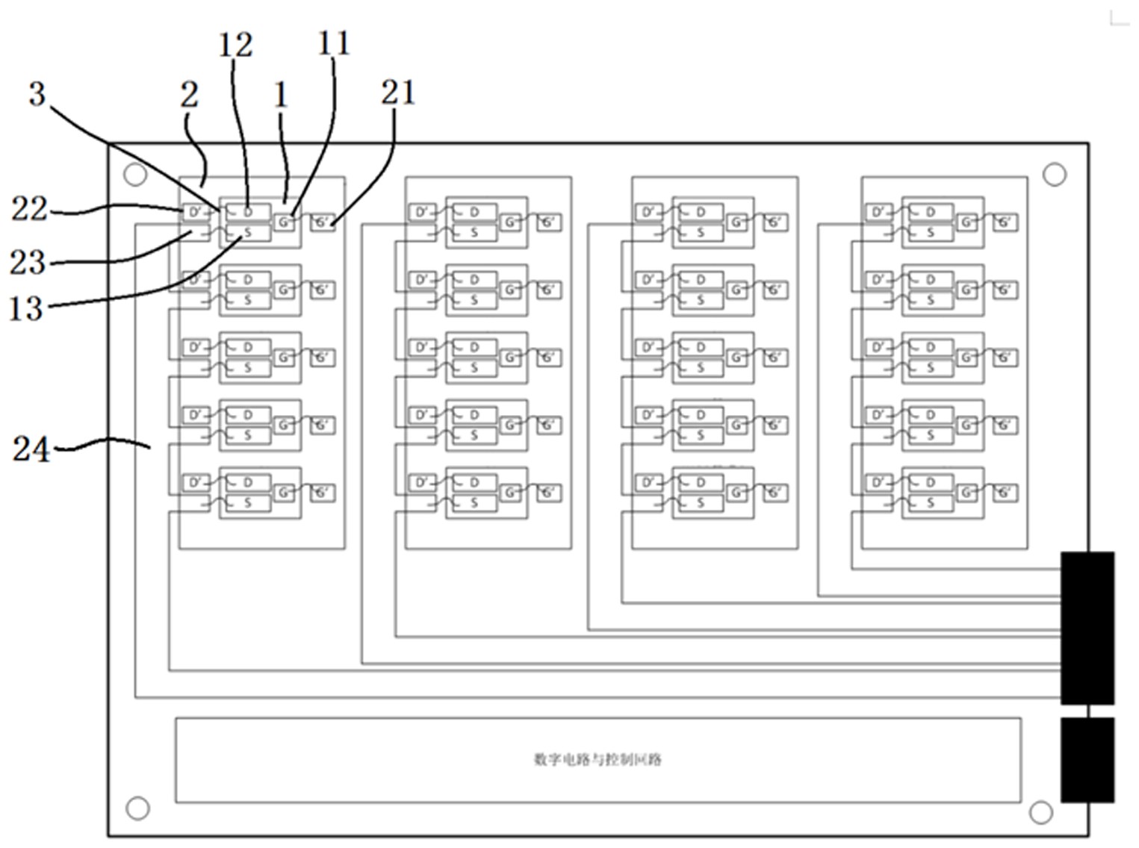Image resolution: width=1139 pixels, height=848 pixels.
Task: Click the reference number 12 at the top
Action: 235,46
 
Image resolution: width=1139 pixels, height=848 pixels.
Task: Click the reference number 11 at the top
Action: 333,43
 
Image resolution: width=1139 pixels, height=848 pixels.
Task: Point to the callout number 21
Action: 397,93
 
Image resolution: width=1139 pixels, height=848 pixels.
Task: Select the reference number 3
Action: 37,95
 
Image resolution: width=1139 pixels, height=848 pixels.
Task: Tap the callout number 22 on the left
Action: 29,209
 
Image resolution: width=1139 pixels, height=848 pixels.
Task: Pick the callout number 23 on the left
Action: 28,263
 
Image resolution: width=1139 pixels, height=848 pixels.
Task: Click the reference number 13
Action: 26,308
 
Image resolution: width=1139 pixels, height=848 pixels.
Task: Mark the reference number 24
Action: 31,449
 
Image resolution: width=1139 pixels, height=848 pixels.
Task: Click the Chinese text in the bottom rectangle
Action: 598,760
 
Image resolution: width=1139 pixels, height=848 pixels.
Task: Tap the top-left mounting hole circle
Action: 135,175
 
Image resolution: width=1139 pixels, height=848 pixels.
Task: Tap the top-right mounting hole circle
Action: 1054,175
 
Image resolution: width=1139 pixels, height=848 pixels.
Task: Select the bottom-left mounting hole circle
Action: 137,808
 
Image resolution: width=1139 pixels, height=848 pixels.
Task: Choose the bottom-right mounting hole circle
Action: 1040,811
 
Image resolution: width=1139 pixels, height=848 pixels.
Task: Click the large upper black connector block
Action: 1087,628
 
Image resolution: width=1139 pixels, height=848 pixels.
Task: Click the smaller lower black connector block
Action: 1087,760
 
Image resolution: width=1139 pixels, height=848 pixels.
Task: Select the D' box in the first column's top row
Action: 194,213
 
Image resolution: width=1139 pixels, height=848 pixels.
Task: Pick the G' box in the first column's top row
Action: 322,222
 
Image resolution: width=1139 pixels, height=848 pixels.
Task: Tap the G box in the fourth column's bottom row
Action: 966,493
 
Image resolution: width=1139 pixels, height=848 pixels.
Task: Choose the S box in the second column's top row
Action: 474,233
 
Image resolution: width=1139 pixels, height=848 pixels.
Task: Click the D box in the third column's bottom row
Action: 699,483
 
